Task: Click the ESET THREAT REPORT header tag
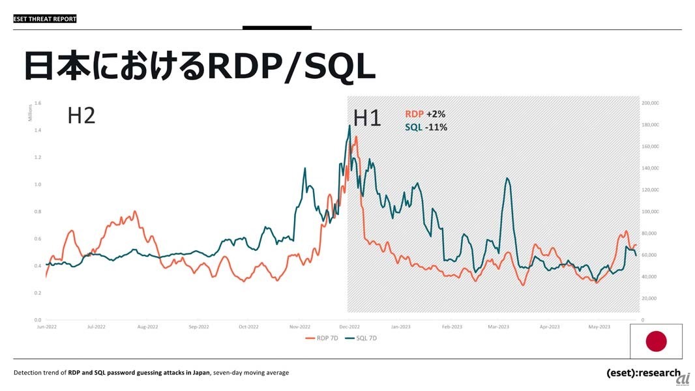coord(45,19)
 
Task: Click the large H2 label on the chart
coord(81,116)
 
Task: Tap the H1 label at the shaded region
coord(367,118)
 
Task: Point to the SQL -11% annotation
coord(426,127)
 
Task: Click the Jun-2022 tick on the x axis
coord(46,326)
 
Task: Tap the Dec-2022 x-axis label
coord(349,326)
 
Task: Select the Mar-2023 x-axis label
coord(498,326)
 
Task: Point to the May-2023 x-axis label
coord(599,326)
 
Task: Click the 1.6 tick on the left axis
coord(37,103)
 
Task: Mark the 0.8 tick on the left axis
coord(37,212)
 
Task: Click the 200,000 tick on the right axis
coord(650,103)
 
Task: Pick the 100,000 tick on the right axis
coord(650,212)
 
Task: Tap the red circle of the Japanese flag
coord(656,341)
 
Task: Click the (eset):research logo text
coord(643,373)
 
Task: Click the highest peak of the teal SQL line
coord(350,126)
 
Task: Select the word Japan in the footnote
coord(200,373)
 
